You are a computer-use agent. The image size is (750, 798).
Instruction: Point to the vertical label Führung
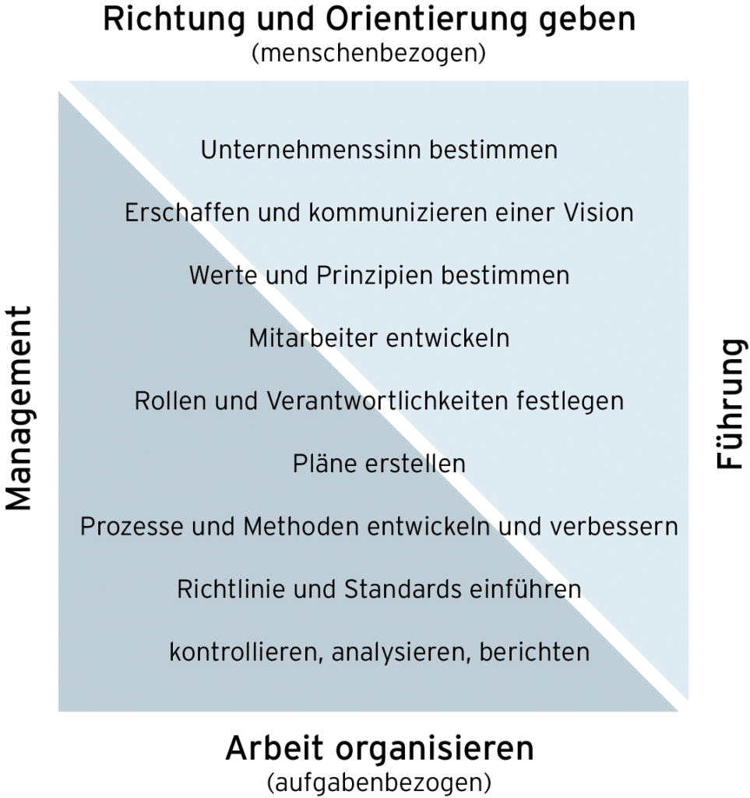point(730,404)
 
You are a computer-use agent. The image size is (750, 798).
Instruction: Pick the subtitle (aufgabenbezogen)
point(379,781)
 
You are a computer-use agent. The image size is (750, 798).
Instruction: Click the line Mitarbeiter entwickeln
point(379,338)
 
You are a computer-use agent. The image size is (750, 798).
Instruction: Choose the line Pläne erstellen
point(379,464)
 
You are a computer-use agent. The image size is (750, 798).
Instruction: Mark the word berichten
point(534,652)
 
